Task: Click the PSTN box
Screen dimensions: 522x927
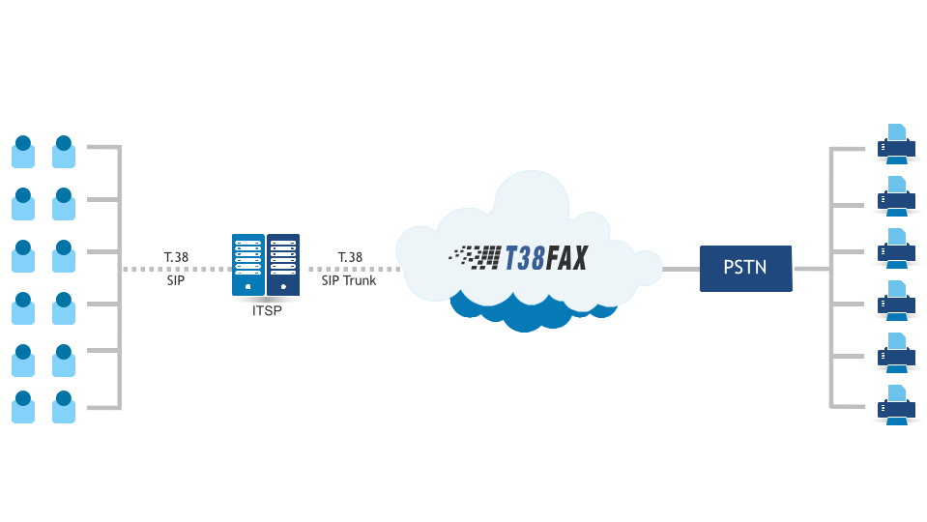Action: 745,267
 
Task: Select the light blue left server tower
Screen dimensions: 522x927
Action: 247,265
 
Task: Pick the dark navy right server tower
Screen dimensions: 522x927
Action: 283,265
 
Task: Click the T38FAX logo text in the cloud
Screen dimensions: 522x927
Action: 546,256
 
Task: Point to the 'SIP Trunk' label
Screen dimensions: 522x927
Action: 349,280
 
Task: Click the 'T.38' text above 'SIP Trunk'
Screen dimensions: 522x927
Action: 350,257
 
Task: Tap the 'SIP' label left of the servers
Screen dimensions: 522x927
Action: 176,280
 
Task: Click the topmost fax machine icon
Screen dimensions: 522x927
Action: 896,144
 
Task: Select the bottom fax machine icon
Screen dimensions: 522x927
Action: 896,405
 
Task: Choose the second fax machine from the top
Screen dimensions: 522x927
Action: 896,196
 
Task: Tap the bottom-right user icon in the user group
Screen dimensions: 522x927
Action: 64,406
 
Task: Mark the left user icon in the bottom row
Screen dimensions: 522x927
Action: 23,406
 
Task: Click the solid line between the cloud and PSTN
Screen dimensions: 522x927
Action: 681,268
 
